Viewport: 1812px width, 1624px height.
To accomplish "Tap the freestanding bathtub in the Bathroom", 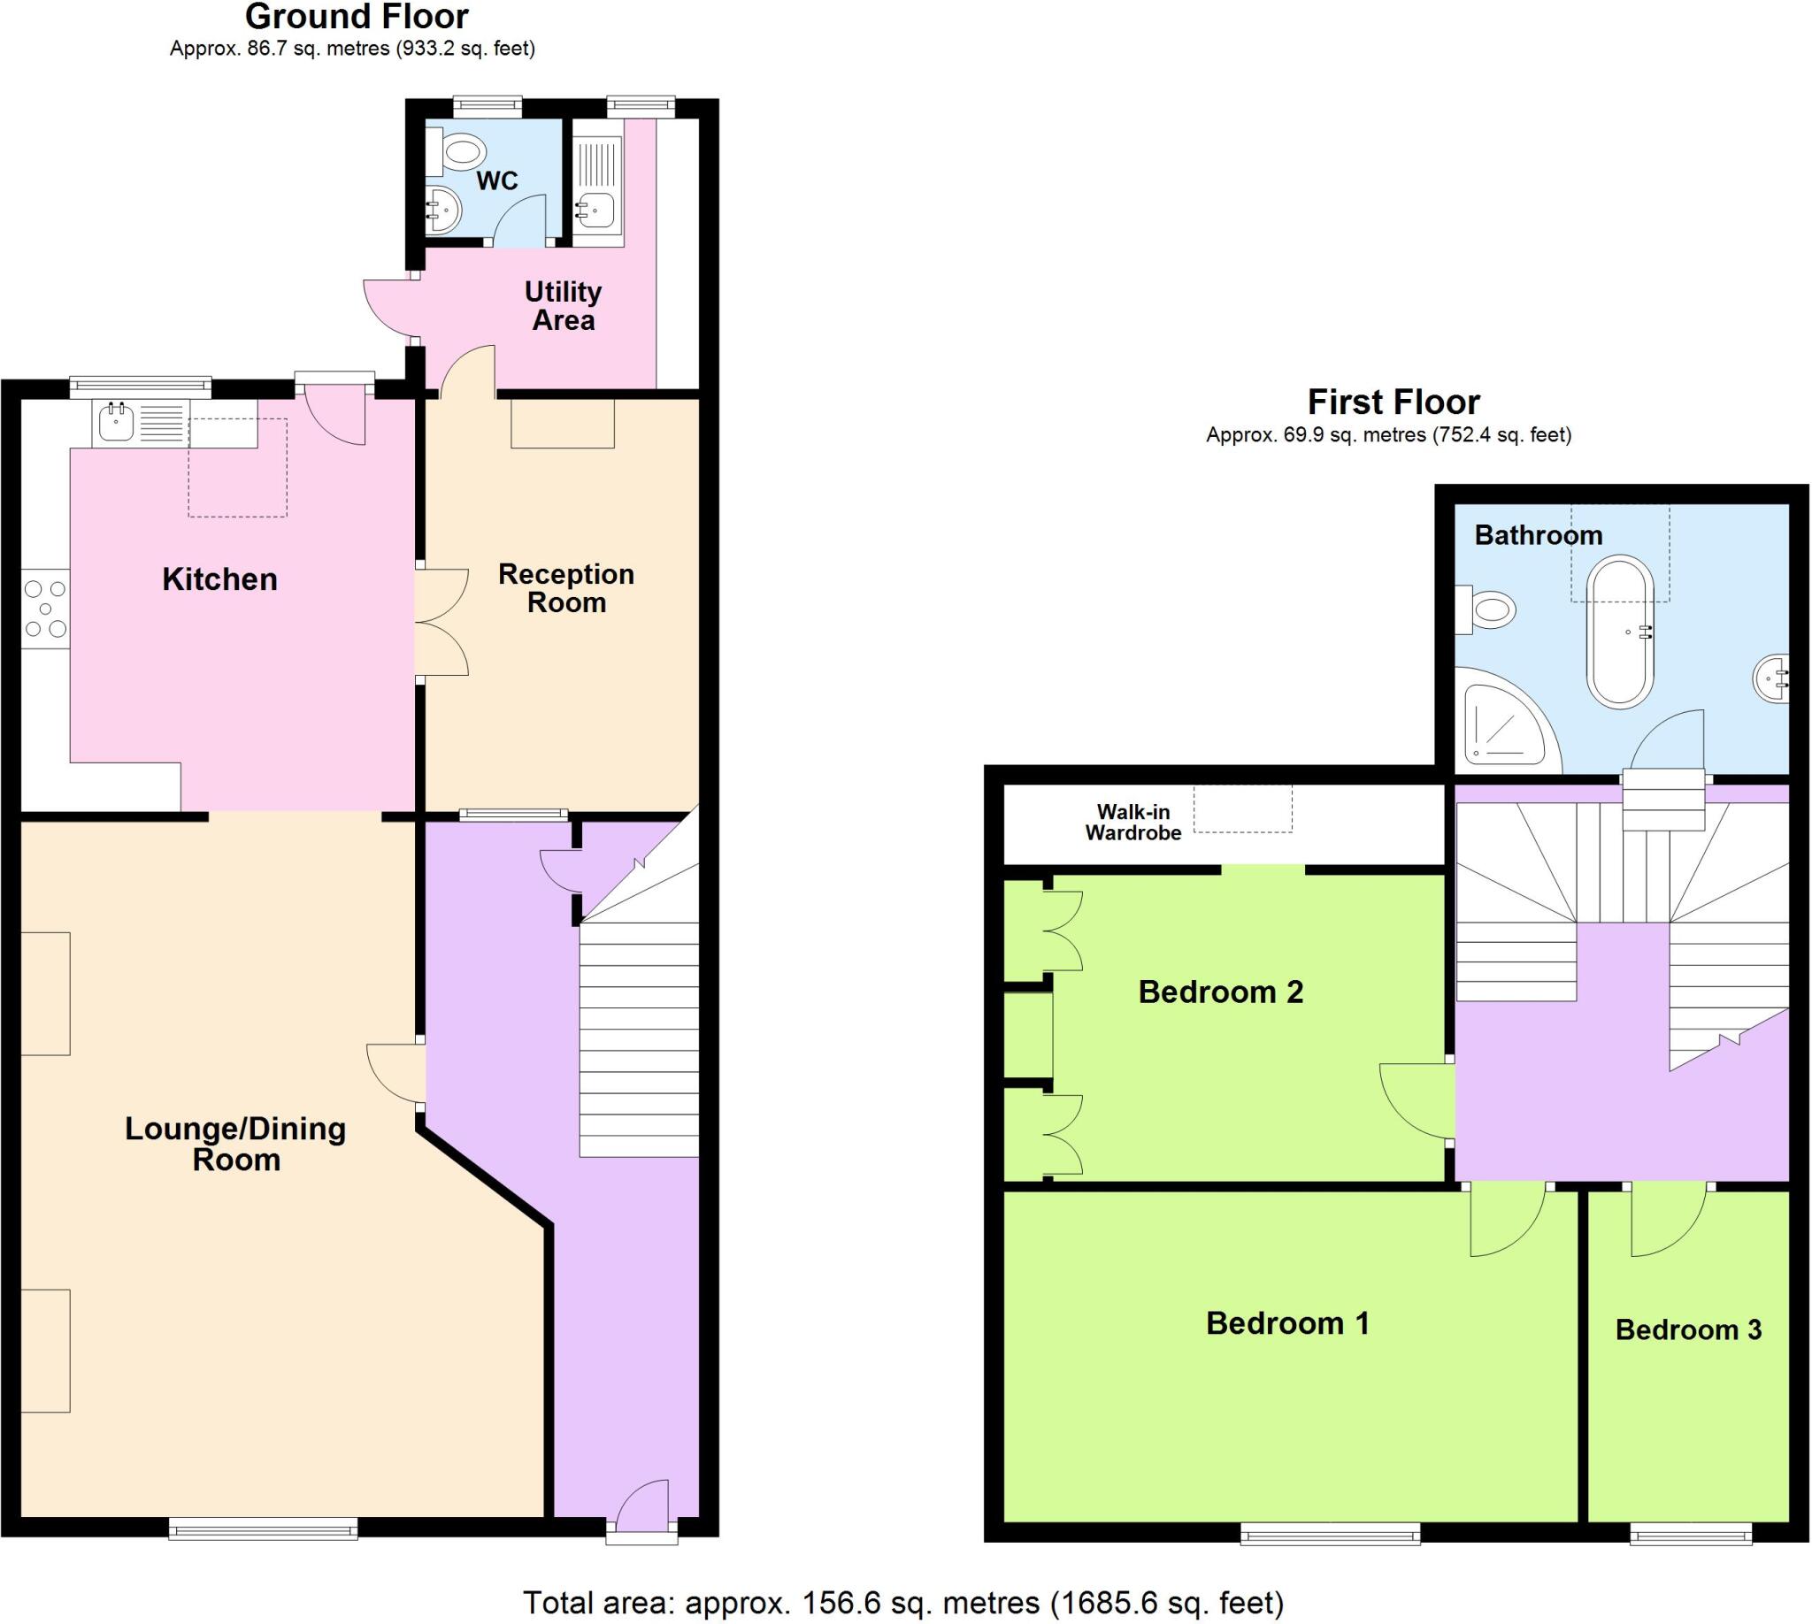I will (x=1620, y=632).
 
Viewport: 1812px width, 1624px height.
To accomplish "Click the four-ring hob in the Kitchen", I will (x=45, y=609).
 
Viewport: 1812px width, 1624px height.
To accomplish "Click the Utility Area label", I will (x=564, y=306).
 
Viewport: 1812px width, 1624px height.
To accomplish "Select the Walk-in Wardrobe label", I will (x=1132, y=822).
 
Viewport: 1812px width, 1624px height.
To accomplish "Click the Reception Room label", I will (x=566, y=588).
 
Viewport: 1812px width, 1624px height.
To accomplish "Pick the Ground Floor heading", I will (x=357, y=17).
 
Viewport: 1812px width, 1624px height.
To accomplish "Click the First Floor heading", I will (x=1394, y=402).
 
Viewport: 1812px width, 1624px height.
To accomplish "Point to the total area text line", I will (x=902, y=1603).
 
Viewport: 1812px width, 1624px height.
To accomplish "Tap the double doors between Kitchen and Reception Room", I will (x=442, y=623).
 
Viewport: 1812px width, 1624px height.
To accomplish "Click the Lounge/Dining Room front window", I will (x=264, y=1529).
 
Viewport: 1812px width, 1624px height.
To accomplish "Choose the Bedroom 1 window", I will (x=1330, y=1534).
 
